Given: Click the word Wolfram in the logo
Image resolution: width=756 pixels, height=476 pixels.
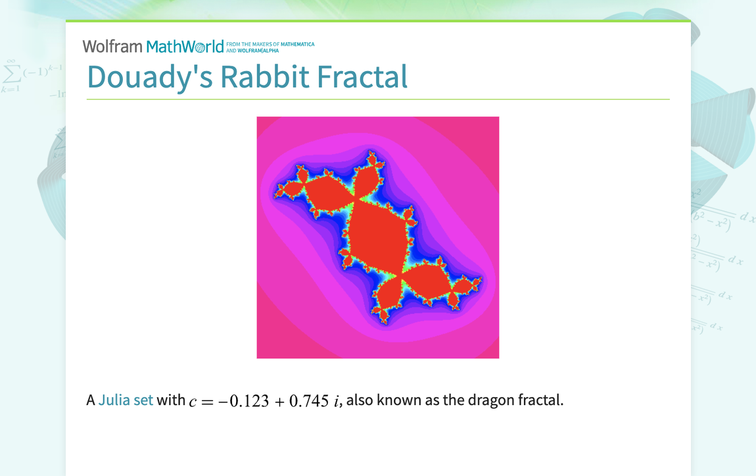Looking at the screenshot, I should (112, 47).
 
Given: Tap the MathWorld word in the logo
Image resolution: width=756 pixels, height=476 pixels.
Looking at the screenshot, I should (185, 47).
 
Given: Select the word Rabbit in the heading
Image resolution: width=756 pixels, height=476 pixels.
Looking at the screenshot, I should (264, 76).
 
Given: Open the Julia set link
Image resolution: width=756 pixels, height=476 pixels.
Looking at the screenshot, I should (126, 400).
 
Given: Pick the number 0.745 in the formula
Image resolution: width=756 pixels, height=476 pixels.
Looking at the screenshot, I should (309, 401).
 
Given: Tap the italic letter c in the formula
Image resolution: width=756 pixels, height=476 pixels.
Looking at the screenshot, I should (193, 402).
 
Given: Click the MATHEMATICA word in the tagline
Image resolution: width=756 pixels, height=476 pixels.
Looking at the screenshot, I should (298, 44).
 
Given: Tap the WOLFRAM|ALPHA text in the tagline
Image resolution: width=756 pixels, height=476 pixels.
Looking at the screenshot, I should (257, 50).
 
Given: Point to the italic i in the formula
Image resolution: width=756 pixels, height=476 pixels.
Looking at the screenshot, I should (337, 401).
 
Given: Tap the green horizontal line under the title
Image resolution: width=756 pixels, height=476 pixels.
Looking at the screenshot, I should (378, 99).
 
